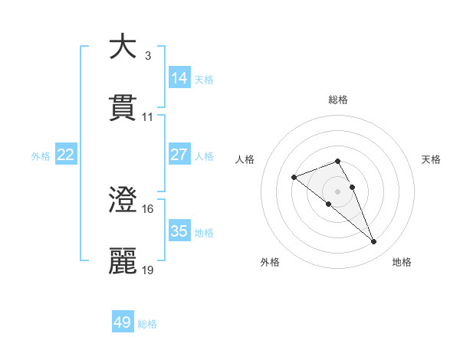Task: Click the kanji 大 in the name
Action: click(123, 47)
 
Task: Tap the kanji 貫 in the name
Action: click(123, 108)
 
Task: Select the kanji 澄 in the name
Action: click(123, 200)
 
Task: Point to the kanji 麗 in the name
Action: click(123, 261)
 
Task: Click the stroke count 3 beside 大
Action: click(147, 55)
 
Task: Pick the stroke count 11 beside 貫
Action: click(148, 116)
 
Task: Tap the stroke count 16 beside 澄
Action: click(148, 208)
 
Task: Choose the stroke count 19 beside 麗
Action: click(148, 270)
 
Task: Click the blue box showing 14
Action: click(179, 78)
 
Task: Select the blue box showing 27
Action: click(179, 155)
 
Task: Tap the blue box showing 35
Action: click(179, 231)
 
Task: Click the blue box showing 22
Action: click(65, 155)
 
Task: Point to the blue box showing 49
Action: click(123, 322)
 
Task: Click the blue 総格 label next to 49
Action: click(148, 325)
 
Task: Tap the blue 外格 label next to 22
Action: click(41, 156)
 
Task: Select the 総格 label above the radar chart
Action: click(338, 100)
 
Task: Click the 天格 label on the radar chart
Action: click(432, 159)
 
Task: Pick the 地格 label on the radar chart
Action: click(402, 262)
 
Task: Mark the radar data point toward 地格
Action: click(374, 242)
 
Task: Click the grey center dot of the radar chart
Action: click(338, 191)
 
